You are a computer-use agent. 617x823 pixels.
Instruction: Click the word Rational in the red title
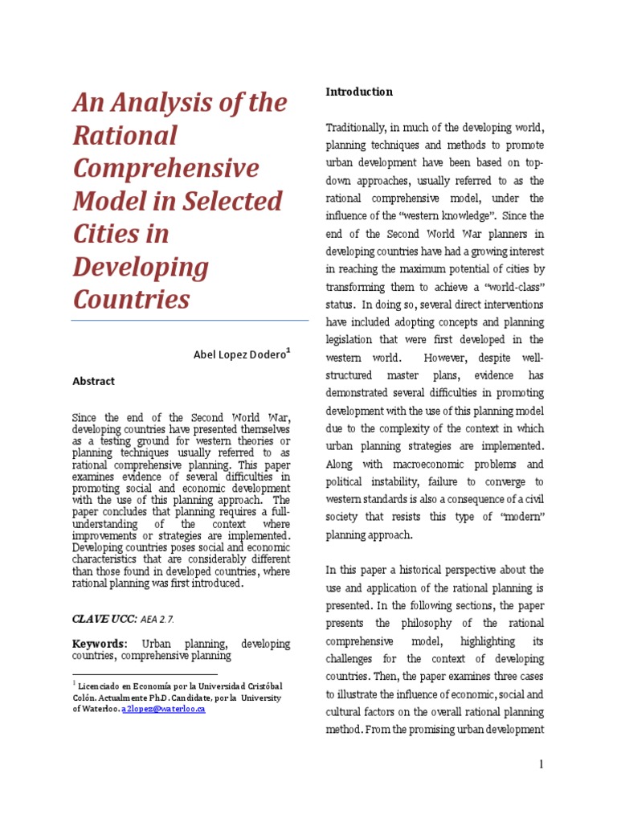point(125,135)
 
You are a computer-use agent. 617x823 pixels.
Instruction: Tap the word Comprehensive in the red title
point(166,168)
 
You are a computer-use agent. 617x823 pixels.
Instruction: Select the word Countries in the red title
point(132,299)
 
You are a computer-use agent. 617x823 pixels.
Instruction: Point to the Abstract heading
point(93,381)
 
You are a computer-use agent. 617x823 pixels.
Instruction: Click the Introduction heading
point(359,92)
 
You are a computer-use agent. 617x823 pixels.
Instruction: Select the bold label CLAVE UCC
point(104,619)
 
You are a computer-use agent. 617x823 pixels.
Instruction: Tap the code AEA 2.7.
point(157,619)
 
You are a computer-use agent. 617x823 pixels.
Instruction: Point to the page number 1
point(541,764)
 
